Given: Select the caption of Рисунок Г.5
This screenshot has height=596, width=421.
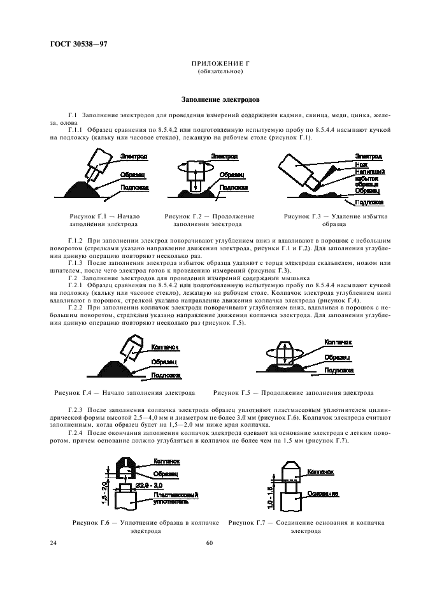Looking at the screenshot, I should [293, 392].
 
